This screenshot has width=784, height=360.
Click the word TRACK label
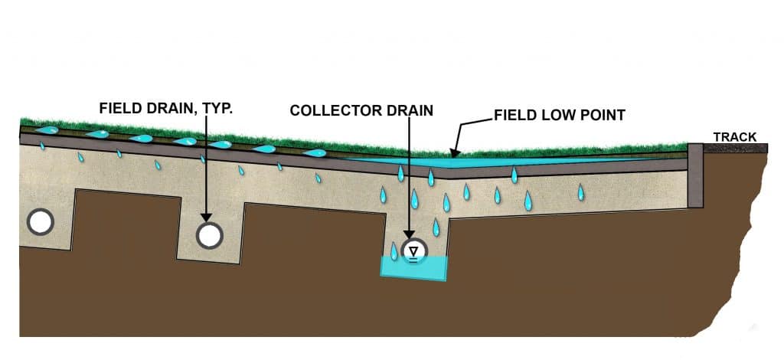(734, 137)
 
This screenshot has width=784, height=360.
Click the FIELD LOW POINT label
(560, 116)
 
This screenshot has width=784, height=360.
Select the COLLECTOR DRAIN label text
(361, 110)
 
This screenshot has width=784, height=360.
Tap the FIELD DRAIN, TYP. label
(166, 109)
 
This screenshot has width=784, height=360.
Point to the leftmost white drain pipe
(40, 222)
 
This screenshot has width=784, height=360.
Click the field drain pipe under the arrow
(208, 235)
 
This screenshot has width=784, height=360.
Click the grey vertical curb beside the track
(695, 175)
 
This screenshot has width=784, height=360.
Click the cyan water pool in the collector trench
(413, 269)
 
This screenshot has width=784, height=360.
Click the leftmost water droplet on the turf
(47, 129)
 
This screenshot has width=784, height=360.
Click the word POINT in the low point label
(603, 116)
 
